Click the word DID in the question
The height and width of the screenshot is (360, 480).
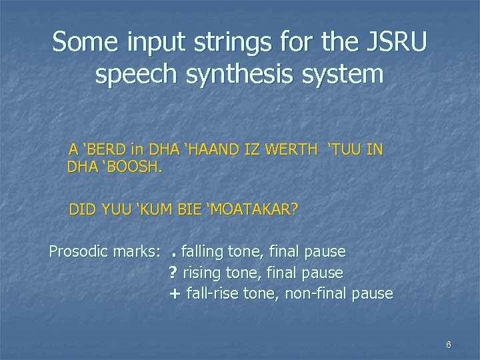(x=83, y=211)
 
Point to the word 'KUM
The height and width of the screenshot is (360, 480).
(x=155, y=211)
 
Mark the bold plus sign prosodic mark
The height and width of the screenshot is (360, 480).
(x=175, y=293)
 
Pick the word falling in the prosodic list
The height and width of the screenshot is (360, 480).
(x=204, y=252)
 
